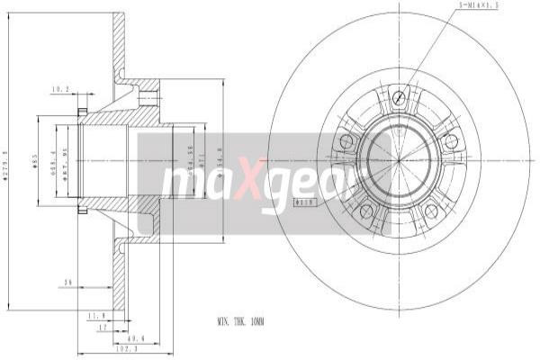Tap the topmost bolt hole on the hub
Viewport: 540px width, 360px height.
[400, 97]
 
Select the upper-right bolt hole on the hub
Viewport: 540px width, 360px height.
[451, 140]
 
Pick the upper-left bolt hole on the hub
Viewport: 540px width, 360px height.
[346, 141]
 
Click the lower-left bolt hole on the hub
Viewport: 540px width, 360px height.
[366, 211]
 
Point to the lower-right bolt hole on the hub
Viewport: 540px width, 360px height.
[431, 211]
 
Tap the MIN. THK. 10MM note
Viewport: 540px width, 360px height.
[240, 320]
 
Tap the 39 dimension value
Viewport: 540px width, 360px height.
[67, 282]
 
